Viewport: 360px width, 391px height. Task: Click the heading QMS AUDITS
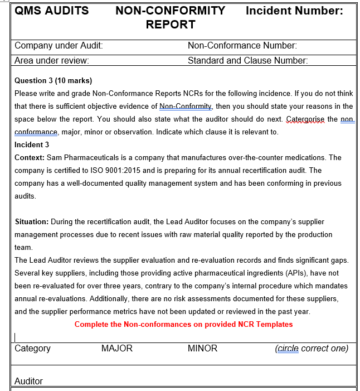click(51, 11)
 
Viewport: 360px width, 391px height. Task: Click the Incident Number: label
click(294, 11)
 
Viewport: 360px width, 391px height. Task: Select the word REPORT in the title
click(171, 25)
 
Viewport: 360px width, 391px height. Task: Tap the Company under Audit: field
click(59, 46)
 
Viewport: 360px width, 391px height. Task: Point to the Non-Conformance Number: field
click(242, 46)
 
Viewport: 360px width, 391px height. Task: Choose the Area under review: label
click(52, 60)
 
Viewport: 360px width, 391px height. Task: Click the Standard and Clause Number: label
click(247, 60)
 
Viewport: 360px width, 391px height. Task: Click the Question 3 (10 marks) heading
click(53, 81)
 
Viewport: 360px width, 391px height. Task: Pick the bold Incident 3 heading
click(32, 144)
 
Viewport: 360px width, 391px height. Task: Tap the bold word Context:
click(30, 158)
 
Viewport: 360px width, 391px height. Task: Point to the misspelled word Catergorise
click(304, 119)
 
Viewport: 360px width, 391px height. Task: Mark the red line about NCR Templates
click(183, 324)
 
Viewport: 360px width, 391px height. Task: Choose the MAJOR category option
click(117, 349)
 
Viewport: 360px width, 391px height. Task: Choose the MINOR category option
click(202, 349)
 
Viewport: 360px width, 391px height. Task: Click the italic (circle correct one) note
click(312, 349)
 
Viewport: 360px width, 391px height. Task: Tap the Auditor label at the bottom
click(28, 382)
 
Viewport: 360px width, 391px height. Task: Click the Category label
click(32, 349)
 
